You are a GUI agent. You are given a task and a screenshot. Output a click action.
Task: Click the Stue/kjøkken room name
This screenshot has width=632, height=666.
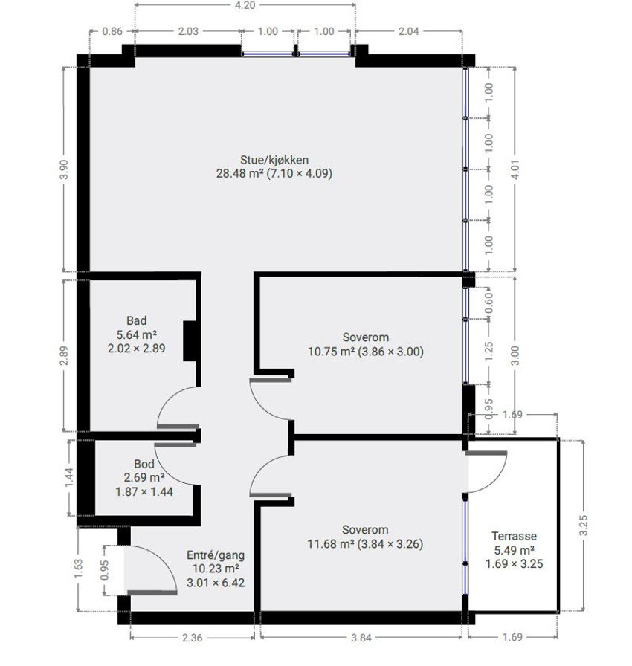[274, 159]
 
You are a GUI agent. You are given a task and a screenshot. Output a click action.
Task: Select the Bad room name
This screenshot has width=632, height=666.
[137, 320]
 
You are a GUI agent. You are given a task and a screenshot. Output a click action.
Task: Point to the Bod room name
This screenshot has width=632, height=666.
[144, 464]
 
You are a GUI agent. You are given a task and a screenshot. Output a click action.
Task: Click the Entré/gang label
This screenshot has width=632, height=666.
[214, 555]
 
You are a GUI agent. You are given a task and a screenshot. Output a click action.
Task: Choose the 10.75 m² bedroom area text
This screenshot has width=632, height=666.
[332, 351]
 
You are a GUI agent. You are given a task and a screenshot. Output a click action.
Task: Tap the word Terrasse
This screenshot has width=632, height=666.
[515, 536]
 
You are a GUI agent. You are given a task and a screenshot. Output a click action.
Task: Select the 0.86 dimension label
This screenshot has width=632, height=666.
[112, 31]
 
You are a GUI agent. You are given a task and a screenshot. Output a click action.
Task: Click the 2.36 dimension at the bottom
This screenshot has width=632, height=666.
[193, 636]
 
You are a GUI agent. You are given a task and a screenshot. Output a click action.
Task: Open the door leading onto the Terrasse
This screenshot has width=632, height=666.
[485, 471]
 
